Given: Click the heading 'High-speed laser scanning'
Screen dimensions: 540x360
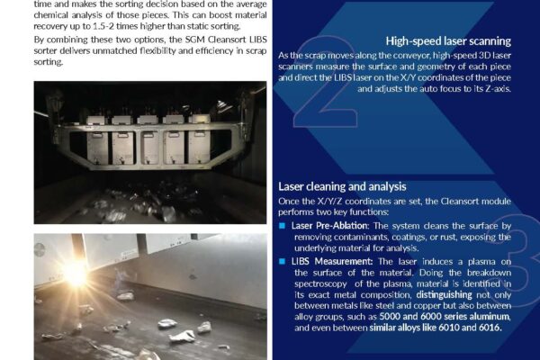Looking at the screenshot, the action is [x=448, y=41].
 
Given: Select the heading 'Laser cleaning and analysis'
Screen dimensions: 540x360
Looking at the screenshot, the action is [x=342, y=186].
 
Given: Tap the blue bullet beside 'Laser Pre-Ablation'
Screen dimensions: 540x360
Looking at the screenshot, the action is [x=282, y=226].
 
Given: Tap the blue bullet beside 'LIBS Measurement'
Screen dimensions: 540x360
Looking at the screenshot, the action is [x=282, y=262].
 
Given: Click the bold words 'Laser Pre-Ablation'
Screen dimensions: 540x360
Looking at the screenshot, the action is [x=329, y=226].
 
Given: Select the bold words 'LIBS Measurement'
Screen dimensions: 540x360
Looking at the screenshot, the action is [x=331, y=262].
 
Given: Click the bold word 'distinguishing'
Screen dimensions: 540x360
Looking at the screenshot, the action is [x=444, y=295].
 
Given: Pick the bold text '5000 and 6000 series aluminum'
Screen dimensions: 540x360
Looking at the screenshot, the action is [x=445, y=317].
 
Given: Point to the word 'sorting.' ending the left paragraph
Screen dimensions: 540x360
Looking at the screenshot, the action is [x=49, y=62].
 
